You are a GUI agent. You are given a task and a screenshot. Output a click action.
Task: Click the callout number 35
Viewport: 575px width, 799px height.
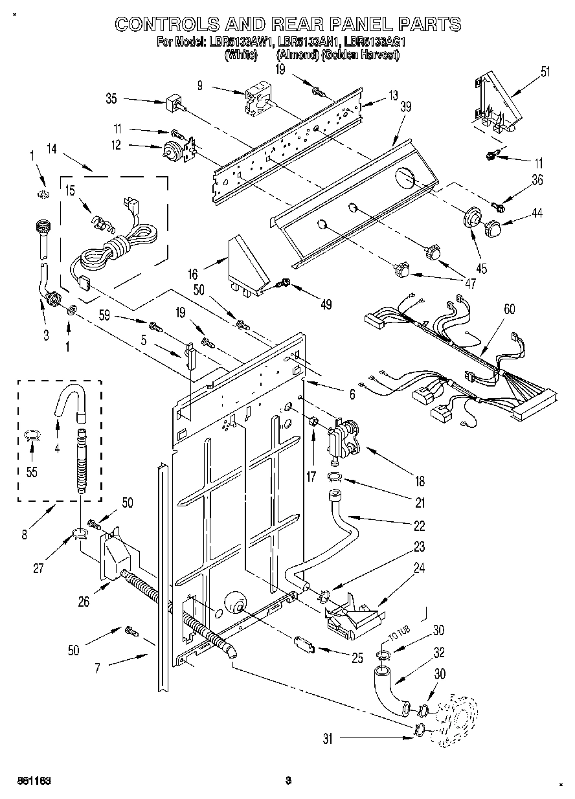[x=111, y=99]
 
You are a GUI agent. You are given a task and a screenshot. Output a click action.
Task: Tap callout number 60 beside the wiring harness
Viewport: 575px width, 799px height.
[x=510, y=309]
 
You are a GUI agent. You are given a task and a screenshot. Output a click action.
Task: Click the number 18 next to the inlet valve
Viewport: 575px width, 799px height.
[x=420, y=481]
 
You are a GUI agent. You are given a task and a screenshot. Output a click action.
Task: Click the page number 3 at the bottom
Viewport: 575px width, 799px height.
[x=289, y=781]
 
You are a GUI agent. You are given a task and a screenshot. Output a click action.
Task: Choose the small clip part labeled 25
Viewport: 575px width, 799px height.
[x=303, y=644]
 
